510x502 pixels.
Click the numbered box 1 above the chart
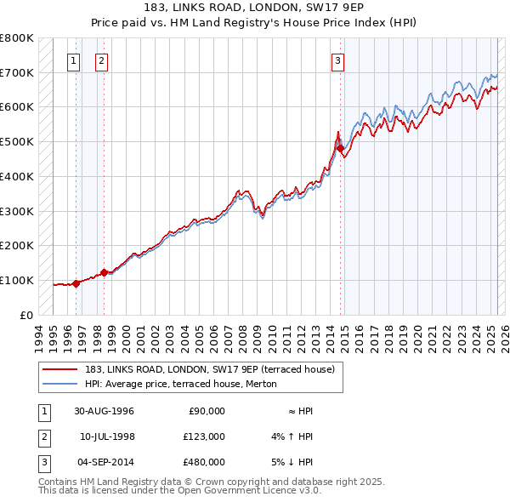pos(74,60)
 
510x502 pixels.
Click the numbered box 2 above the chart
pos(101,60)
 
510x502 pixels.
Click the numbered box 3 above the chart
pos(338,60)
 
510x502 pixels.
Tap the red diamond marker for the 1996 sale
pos(76,283)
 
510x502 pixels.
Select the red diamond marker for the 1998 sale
pos(105,272)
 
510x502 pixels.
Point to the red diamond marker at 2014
pos(341,149)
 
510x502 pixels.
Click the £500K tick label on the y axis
pos(16,142)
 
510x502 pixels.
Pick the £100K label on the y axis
pos(16,280)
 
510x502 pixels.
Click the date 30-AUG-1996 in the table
pos(104,411)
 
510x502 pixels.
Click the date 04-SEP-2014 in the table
pos(105,462)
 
